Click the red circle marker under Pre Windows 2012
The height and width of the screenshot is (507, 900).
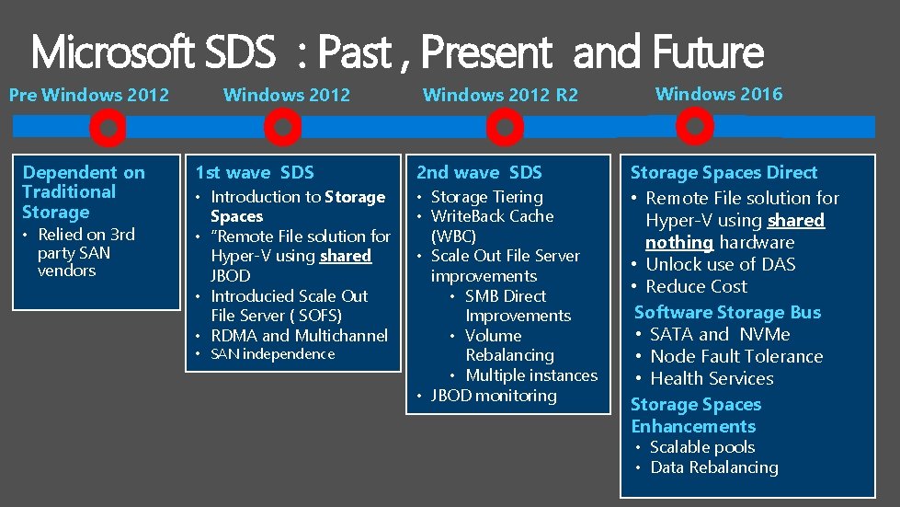[x=109, y=129]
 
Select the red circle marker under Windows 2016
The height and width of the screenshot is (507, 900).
[x=695, y=126]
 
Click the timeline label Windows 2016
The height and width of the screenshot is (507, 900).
[x=719, y=93]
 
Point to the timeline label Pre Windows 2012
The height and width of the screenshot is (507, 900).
[x=89, y=94]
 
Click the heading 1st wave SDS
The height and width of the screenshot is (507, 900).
[x=255, y=172]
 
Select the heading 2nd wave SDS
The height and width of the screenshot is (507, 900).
[x=479, y=172]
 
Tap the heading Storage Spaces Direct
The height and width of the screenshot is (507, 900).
[x=723, y=172]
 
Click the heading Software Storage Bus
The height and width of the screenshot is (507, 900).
[x=727, y=312]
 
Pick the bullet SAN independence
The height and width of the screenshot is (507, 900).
[x=273, y=354]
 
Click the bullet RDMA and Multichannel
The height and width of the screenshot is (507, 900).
[x=299, y=336]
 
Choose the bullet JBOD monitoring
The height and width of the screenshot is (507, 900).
[x=494, y=396]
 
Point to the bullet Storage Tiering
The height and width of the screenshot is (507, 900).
[x=487, y=197]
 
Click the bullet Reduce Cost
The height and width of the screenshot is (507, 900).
[x=697, y=286]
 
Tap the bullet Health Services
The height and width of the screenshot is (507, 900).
[x=712, y=378]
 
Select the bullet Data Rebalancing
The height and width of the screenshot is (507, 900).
[x=713, y=467]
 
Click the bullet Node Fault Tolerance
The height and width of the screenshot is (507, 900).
[x=736, y=356]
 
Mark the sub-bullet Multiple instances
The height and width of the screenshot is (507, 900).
[x=531, y=375]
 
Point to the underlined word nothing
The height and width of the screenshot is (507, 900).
[x=679, y=242]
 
